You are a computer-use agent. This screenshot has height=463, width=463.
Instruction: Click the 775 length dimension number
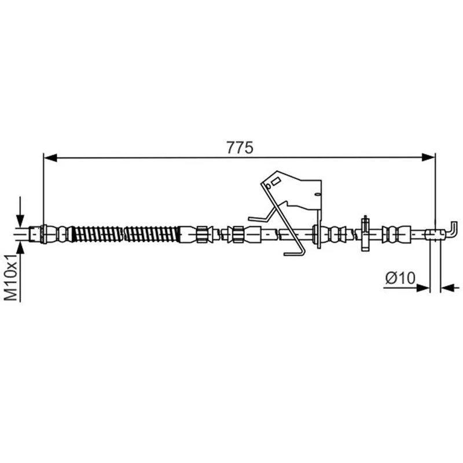coord(240,148)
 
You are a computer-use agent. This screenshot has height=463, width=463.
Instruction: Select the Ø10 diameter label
coord(400,278)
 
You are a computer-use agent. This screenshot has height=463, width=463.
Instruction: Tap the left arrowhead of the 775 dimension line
coord(50,157)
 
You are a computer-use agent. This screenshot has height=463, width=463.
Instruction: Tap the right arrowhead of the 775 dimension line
coord(428,157)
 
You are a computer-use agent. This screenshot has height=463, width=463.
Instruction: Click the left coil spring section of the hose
coord(97,234)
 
